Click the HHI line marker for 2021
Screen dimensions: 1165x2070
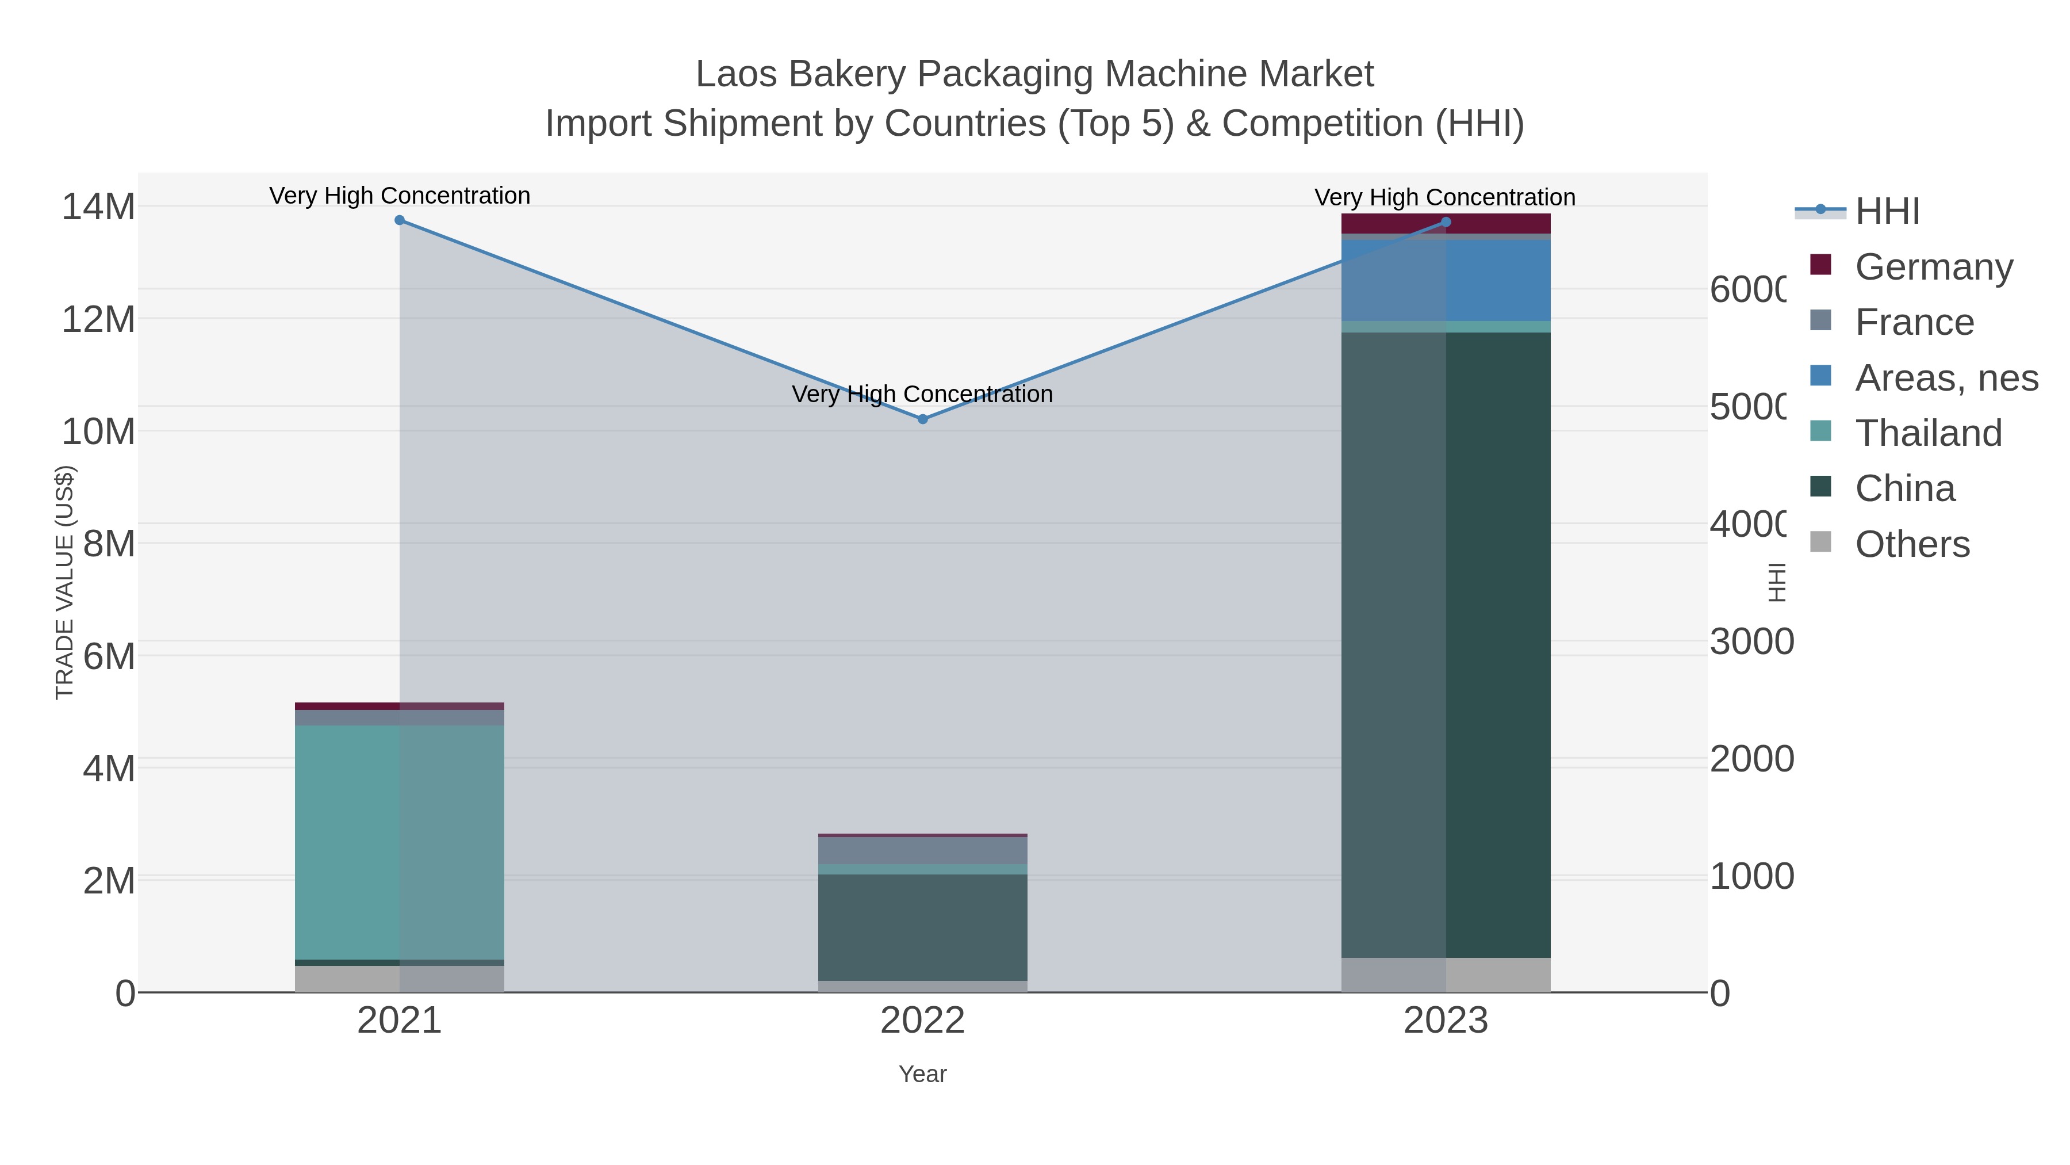tap(400, 220)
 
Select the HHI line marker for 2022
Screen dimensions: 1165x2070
tap(922, 419)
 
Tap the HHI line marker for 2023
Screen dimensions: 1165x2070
tap(1446, 222)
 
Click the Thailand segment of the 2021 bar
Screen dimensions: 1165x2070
tap(400, 842)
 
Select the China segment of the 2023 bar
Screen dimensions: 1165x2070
tap(1446, 644)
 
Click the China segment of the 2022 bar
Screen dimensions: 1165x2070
tap(922, 926)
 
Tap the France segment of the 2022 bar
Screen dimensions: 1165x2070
tap(922, 850)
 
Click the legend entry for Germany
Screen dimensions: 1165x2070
tap(1933, 266)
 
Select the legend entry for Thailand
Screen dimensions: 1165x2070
tap(1928, 433)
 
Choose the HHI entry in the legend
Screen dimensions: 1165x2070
tap(1887, 211)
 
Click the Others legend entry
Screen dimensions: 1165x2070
tap(1912, 544)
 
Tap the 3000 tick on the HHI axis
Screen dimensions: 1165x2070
tap(1750, 641)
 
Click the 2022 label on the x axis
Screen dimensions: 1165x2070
tap(922, 1020)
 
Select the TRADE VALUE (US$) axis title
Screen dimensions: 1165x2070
tap(64, 582)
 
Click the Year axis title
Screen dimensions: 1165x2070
tap(922, 1074)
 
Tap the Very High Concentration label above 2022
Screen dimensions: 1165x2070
tap(922, 394)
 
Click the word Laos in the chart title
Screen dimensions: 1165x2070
tap(736, 74)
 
